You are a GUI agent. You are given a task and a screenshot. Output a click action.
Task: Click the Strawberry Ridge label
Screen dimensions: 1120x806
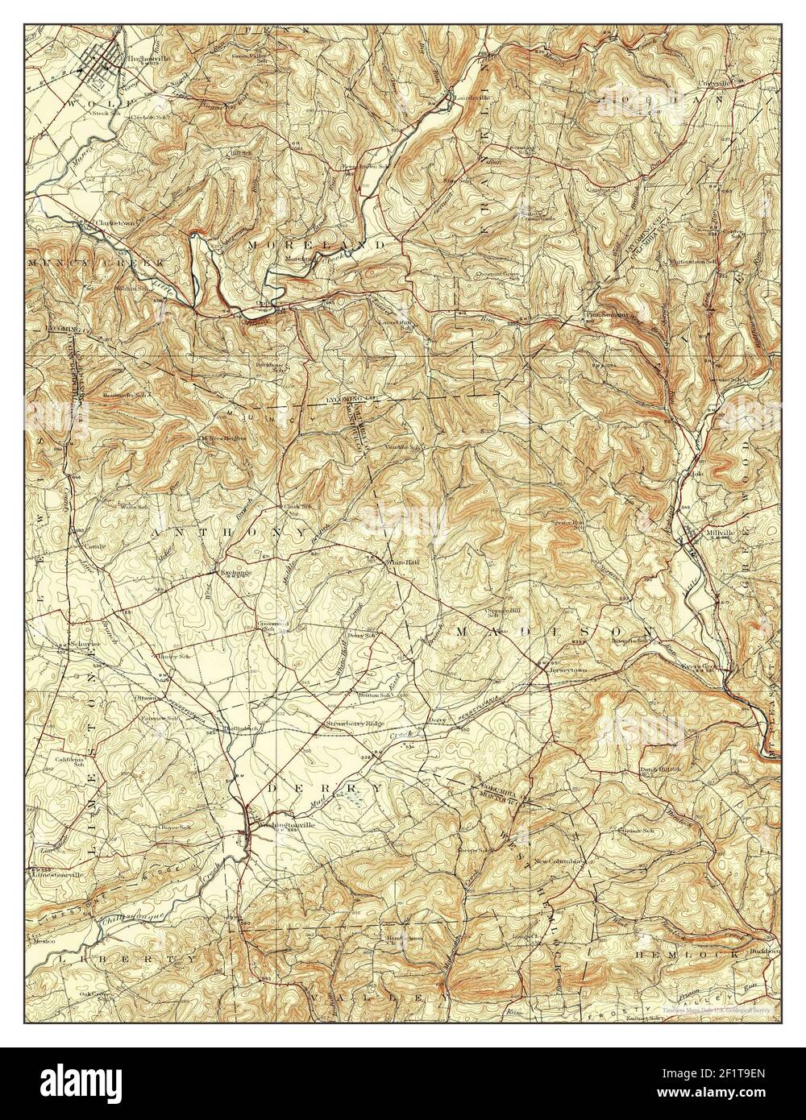(351, 724)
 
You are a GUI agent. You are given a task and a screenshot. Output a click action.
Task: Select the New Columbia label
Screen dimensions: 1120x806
(557, 861)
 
